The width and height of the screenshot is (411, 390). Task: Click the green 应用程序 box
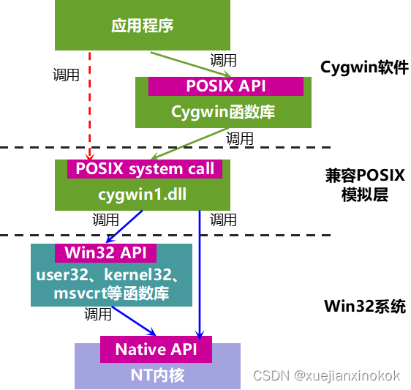(143, 26)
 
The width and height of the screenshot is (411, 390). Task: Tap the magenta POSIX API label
(225, 86)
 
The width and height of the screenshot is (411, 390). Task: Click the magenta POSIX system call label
(145, 169)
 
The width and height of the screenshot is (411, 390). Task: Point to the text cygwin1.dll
(138, 195)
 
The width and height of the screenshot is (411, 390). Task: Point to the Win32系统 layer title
(364, 307)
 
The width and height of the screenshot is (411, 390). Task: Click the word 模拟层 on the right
(364, 195)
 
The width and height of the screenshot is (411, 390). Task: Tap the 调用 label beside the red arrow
(67, 75)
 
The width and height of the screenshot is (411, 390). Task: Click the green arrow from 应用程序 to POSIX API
(192, 64)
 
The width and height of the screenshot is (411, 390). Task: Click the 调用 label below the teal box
(98, 315)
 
